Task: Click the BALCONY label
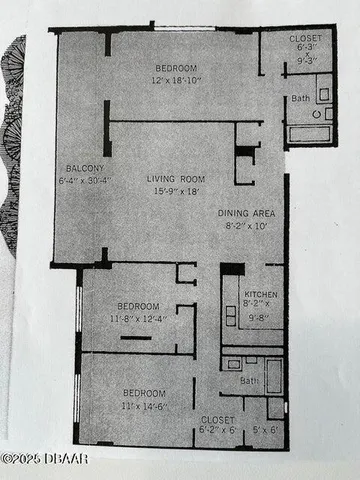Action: coord(80,168)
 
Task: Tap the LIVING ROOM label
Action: coord(176,179)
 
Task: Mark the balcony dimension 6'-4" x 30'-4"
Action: coord(81,181)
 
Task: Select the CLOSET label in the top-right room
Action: coord(305,41)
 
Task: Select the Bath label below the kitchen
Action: coord(249,381)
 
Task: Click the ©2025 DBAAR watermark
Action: coord(46,459)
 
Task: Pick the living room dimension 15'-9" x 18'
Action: coord(176,191)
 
